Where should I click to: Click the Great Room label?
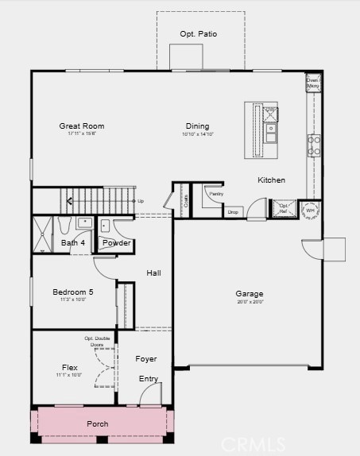pos(82,126)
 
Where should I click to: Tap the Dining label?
pos(198,126)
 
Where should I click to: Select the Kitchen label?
pos(271,180)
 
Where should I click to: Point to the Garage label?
pos(250,294)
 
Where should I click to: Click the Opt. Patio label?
pos(199,34)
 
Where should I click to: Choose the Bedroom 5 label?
pos(73,292)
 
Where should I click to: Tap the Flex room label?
pos(70,368)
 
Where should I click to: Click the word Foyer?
pos(146,359)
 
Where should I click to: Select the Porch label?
pos(98,424)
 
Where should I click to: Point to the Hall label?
pos(154,273)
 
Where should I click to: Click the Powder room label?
pos(117,243)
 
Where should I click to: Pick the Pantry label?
pos(214,194)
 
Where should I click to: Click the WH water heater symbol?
pos(309,211)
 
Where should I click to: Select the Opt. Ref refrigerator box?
pos(284,210)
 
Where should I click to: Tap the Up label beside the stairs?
pos(141,201)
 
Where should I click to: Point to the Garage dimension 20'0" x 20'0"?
pos(250,302)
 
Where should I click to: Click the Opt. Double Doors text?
pos(98,342)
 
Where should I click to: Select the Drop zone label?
pos(233,212)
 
